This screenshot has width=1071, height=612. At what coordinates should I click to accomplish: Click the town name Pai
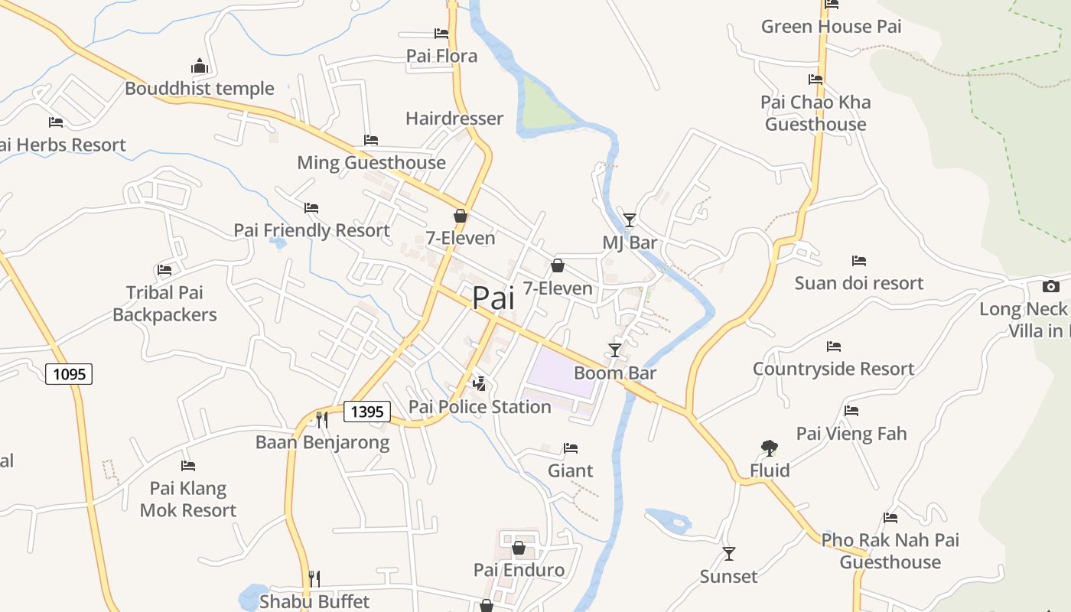493,298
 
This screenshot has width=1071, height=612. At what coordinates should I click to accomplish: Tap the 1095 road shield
69,374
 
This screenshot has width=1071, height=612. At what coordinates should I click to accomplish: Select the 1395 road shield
367,412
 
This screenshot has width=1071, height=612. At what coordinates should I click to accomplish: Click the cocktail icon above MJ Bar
630,220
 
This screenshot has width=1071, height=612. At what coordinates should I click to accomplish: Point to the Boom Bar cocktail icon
615,350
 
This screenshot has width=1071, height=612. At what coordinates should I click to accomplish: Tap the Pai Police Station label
480,407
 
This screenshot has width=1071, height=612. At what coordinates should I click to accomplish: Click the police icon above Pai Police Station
480,383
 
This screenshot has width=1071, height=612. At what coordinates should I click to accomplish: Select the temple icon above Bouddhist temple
200,66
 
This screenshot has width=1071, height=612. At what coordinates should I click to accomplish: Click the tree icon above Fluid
770,448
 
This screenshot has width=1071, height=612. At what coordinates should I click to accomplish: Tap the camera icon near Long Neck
1051,287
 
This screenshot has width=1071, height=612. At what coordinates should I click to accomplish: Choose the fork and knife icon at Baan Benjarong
322,419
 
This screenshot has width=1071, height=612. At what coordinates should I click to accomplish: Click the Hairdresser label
454,119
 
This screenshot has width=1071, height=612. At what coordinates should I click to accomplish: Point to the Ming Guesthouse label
371,162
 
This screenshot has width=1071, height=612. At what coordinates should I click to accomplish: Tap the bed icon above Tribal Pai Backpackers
164,270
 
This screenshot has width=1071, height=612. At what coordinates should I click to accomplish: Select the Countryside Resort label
833,369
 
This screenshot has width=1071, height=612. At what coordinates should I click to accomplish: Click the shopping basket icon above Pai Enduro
519,548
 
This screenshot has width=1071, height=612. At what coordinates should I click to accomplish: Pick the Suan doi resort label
859,283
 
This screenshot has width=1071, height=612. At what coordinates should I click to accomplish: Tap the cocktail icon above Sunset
729,553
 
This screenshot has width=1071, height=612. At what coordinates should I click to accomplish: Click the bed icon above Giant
571,448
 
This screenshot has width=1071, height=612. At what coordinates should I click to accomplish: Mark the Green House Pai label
831,27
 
